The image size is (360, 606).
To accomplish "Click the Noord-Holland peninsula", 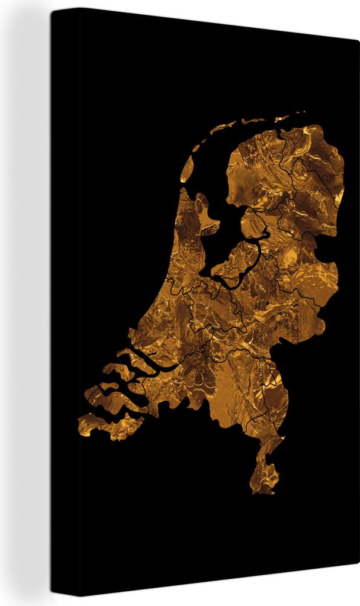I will [189, 249].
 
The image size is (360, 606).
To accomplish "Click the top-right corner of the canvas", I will [358, 40].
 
